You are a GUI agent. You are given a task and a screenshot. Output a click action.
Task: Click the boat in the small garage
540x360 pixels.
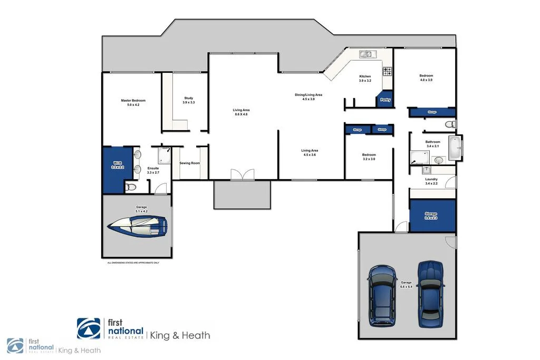[x=137, y=226]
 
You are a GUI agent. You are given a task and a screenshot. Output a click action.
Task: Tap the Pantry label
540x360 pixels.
[x=385, y=99]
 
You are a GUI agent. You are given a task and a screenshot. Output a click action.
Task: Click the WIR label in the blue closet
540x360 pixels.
[x=117, y=164]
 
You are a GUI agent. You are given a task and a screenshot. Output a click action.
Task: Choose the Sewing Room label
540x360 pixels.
[x=190, y=163]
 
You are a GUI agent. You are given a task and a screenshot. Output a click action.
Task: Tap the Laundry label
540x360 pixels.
[x=431, y=179]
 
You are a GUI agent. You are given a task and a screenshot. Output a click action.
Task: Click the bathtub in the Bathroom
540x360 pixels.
[x=454, y=148]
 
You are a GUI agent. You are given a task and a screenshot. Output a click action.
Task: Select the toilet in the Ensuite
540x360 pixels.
[x=131, y=187]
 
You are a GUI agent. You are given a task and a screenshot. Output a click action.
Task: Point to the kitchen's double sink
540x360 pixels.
[x=365, y=54]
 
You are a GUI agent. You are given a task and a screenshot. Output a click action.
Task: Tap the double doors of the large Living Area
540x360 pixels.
[x=242, y=175]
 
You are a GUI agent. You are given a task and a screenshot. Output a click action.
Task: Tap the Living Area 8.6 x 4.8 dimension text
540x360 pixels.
[x=240, y=114]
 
